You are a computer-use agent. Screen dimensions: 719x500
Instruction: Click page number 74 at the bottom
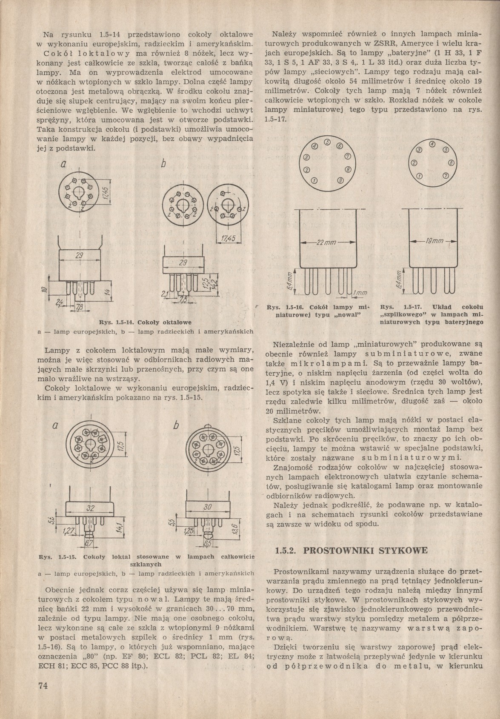tap(43, 685)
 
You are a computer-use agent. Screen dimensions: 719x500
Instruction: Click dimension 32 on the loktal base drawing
tap(90, 508)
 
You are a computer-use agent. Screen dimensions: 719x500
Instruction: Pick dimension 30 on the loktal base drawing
tap(208, 507)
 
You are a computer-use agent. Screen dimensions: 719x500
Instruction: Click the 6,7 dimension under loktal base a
tap(89, 543)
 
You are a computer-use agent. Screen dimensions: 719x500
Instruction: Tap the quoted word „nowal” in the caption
tap(348, 314)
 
